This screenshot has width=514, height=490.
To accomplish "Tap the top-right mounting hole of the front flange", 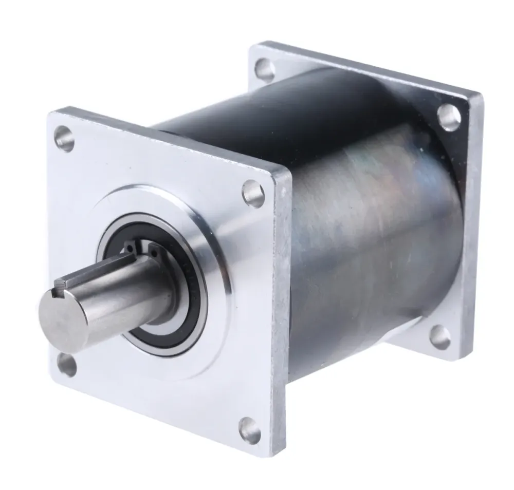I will pyautogui.click(x=253, y=194).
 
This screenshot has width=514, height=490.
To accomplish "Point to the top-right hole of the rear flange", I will pyautogui.click(x=449, y=118).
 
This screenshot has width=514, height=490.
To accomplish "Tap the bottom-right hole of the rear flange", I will pyautogui.click(x=440, y=337).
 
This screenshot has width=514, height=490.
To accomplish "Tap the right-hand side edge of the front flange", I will pyautogui.click(x=282, y=308).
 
